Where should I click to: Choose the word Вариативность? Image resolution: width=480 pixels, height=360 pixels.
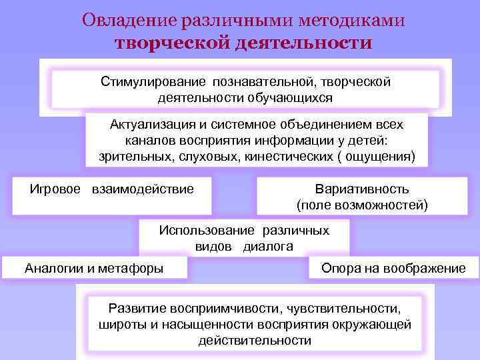point(362,189)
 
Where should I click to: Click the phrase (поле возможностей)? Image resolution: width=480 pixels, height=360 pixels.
point(362,205)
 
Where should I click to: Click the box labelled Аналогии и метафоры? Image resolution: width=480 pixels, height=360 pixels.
point(94,269)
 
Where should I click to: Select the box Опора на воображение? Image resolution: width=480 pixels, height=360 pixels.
point(393,269)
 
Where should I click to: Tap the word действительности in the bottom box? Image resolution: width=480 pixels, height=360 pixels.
point(255,341)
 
